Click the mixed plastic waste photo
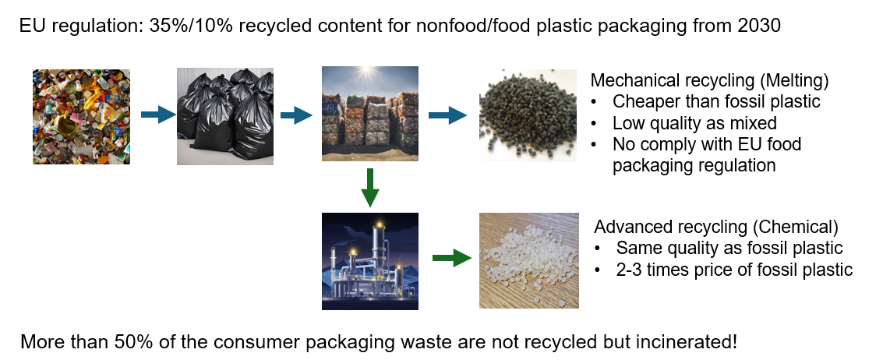[81, 117]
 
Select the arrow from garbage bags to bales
[296, 116]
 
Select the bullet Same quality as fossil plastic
[729, 249]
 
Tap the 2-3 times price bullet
[734, 270]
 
